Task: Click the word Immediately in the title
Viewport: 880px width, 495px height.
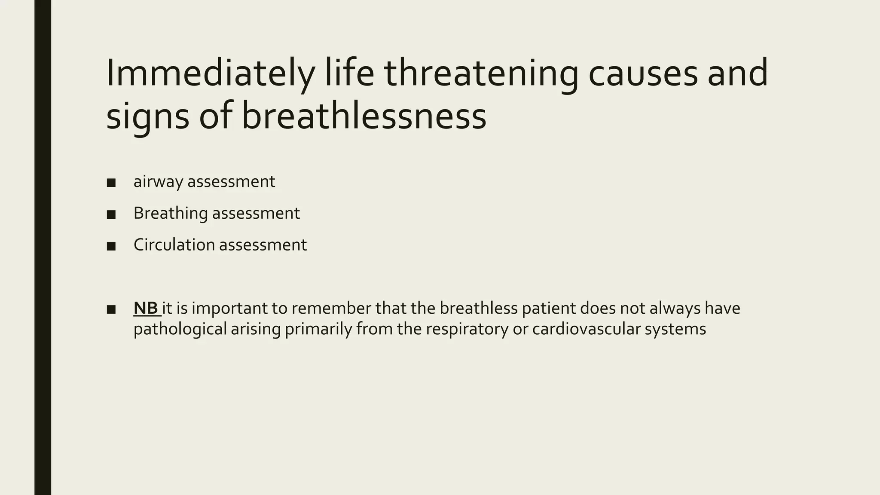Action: pyautogui.click(x=210, y=74)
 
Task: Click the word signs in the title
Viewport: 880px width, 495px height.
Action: pyautogui.click(x=147, y=117)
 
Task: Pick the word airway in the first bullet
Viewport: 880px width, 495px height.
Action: pyautogui.click(x=159, y=182)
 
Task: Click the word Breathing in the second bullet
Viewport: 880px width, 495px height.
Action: pyautogui.click(x=171, y=214)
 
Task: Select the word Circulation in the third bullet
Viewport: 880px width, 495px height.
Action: pyautogui.click(x=174, y=245)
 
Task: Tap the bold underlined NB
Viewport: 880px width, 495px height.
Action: pyautogui.click(x=146, y=308)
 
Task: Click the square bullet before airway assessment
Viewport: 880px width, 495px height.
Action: pyautogui.click(x=111, y=183)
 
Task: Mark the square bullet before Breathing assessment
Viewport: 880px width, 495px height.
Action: pyautogui.click(x=111, y=214)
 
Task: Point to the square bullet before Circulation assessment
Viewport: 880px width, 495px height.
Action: pyautogui.click(x=111, y=246)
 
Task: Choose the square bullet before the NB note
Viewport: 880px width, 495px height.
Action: pyautogui.click(x=111, y=309)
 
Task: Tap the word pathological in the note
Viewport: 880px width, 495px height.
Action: pyautogui.click(x=180, y=330)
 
